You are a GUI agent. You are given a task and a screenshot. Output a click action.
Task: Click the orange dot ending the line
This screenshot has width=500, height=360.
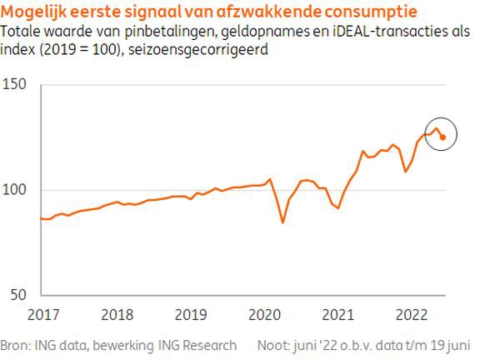(x=442, y=137)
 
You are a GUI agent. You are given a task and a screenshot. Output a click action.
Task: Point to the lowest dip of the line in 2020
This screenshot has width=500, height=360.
(x=282, y=222)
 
